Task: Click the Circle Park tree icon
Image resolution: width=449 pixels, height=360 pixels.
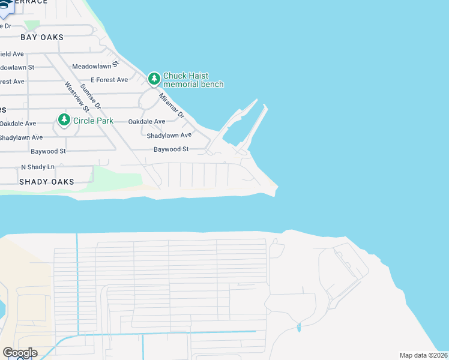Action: click(x=64, y=120)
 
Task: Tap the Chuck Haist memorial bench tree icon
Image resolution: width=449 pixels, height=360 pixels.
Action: click(x=154, y=79)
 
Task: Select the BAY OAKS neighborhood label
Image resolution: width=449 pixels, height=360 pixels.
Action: click(x=41, y=37)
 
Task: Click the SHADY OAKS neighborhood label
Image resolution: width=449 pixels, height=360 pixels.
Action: click(x=46, y=181)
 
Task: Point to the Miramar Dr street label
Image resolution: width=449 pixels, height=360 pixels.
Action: click(x=170, y=104)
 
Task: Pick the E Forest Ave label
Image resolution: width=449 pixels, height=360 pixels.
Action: click(x=109, y=80)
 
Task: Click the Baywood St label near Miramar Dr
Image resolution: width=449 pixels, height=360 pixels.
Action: click(x=171, y=149)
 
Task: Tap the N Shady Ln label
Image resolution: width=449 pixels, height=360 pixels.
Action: click(x=37, y=167)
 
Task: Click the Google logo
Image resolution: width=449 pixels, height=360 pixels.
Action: click(x=20, y=353)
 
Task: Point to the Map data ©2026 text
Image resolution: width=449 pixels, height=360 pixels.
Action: click(x=423, y=355)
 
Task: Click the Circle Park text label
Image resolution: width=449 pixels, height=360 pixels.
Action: click(x=93, y=121)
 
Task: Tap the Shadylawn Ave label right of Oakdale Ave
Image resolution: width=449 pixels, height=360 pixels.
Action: click(x=169, y=136)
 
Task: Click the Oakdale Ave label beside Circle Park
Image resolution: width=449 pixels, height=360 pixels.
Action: click(x=18, y=123)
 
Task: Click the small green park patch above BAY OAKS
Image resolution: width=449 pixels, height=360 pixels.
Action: click(x=32, y=25)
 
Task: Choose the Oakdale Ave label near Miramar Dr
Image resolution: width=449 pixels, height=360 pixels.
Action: click(x=146, y=121)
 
